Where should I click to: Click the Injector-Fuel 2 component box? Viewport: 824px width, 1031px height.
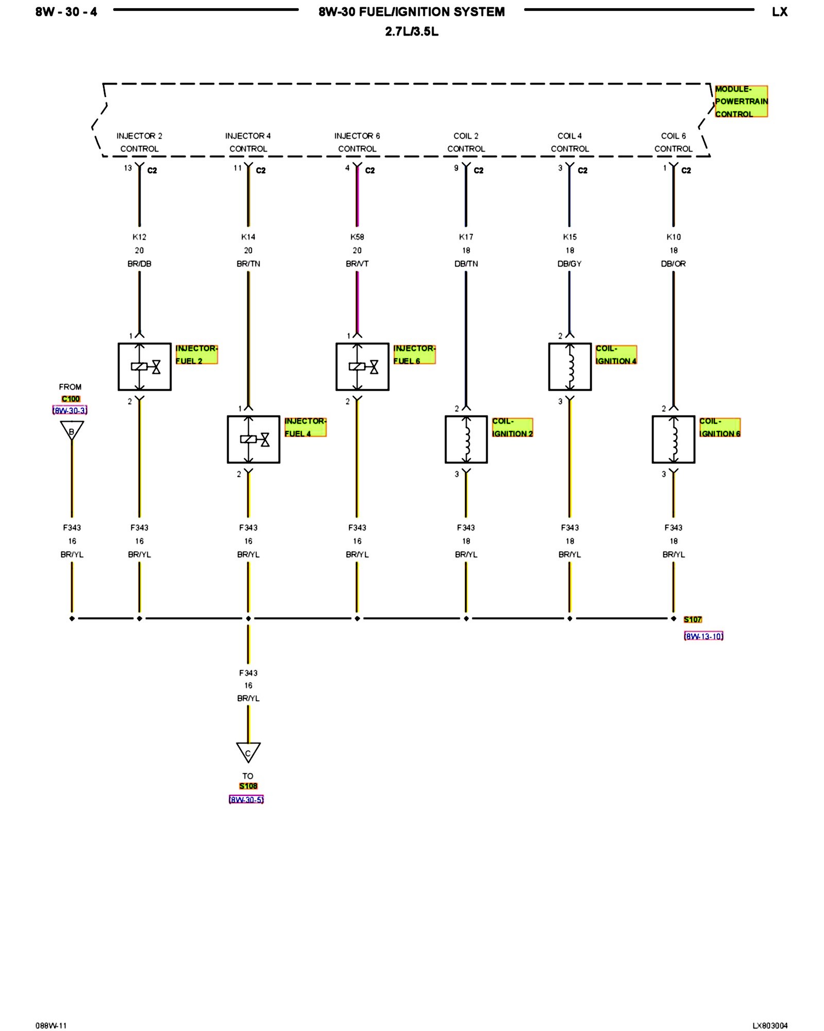point(144,367)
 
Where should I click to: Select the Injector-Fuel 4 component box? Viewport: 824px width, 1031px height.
point(253,439)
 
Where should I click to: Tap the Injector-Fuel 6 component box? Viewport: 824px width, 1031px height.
point(362,367)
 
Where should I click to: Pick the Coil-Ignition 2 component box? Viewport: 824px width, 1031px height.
point(466,439)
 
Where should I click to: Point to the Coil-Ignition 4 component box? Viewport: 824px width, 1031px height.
point(570,367)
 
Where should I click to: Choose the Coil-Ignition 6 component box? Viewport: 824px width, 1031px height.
point(673,439)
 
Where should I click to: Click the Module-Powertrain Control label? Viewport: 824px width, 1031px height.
point(741,102)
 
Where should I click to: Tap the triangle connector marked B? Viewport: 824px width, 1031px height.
point(72,430)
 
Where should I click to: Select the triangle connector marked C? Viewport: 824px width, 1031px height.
point(248,752)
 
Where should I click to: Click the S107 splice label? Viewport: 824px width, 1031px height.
point(693,619)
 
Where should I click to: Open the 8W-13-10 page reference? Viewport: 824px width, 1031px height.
point(703,636)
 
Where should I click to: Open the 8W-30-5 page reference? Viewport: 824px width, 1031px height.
point(246,800)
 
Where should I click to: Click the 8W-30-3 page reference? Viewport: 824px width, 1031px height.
point(70,410)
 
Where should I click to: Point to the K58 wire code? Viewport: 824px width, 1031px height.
point(357,237)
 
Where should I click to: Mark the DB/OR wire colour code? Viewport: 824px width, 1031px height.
point(673,264)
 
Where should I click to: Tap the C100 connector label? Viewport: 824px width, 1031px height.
point(71,399)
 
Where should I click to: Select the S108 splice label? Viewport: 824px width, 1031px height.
point(248,786)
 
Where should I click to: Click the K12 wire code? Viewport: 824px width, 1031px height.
point(139,237)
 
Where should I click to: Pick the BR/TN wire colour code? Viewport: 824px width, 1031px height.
point(248,264)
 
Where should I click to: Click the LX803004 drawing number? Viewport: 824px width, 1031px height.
point(769,1025)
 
